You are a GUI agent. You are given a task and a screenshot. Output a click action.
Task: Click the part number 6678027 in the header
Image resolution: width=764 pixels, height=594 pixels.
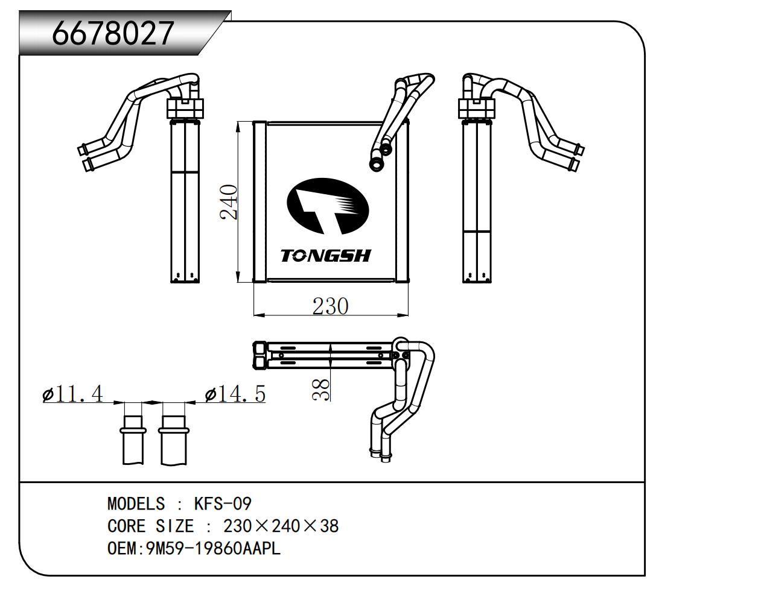(113, 33)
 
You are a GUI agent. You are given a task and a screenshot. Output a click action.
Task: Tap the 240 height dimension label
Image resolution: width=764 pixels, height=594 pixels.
(229, 202)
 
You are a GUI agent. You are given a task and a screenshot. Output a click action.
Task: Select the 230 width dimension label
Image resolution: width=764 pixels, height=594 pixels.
(330, 306)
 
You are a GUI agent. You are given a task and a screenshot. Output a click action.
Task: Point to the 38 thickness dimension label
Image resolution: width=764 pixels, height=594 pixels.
(321, 389)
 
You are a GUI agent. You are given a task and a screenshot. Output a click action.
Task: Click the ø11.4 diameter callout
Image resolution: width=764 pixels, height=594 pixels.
(73, 394)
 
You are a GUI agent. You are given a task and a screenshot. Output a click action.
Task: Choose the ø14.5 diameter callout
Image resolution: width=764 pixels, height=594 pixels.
(235, 394)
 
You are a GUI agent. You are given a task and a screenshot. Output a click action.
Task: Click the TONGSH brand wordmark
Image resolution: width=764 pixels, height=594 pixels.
(326, 256)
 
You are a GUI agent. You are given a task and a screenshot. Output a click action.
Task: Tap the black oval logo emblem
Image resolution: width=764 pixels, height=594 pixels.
(328, 206)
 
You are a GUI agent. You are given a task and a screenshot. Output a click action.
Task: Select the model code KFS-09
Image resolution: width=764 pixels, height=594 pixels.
(222, 504)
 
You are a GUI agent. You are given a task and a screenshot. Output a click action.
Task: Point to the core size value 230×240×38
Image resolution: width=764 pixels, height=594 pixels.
(281, 526)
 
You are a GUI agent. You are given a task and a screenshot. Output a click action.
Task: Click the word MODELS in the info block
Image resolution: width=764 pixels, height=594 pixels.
(136, 504)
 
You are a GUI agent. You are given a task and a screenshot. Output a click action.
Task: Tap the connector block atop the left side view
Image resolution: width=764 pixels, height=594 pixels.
(185, 109)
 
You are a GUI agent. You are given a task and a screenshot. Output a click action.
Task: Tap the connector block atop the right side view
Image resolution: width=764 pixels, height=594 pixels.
(477, 109)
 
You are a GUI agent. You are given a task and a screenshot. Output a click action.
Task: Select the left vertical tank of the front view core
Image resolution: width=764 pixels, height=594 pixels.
(259, 201)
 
